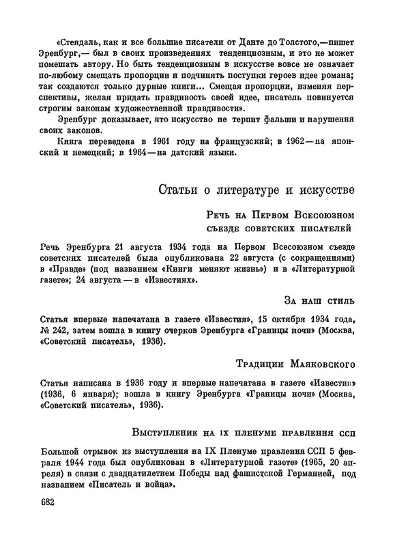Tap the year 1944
[47, 466]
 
